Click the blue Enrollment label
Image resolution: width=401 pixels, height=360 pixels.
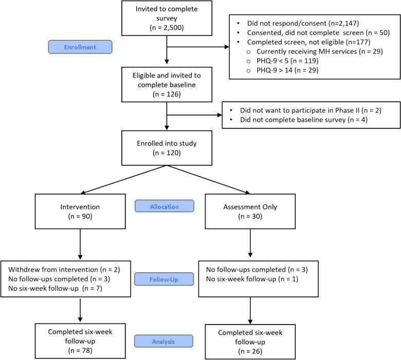pyautogui.click(x=80, y=47)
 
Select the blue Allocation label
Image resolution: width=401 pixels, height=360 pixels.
pyautogui.click(x=165, y=206)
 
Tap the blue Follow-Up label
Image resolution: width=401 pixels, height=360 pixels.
pyautogui.click(x=164, y=279)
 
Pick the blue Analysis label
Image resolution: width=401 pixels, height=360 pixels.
pyautogui.click(x=163, y=341)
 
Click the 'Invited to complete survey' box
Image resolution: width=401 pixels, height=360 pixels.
pyautogui.click(x=167, y=18)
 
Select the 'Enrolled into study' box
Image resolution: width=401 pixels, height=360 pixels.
pyautogui.click(x=167, y=148)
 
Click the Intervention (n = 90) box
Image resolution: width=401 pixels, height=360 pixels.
pyautogui.click(x=80, y=211)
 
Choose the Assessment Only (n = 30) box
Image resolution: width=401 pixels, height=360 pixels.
pyautogui.click(x=250, y=211)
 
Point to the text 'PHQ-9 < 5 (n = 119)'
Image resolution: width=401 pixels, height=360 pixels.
pyautogui.click(x=287, y=61)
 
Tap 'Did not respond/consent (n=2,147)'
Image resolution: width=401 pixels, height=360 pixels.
pyautogui.click(x=303, y=23)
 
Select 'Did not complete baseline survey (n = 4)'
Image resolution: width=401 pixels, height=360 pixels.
pyautogui.click(x=303, y=120)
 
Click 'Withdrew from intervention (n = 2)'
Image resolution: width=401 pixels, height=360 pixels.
pyautogui.click(x=64, y=270)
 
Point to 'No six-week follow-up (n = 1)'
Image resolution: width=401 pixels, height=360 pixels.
pyautogui.click(x=252, y=279)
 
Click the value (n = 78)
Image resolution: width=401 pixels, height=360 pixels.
pyautogui.click(x=80, y=350)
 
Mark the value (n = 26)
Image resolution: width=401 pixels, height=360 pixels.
pyautogui.click(x=250, y=351)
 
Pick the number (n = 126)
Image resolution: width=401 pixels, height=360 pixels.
pyautogui.click(x=167, y=94)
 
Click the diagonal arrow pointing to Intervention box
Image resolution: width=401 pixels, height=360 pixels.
pyautogui.click(x=123, y=180)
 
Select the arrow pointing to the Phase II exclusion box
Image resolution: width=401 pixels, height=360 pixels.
pyautogui.click(x=194, y=115)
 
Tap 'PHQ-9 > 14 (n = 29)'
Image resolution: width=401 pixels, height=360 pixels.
pyautogui.click(x=287, y=70)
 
